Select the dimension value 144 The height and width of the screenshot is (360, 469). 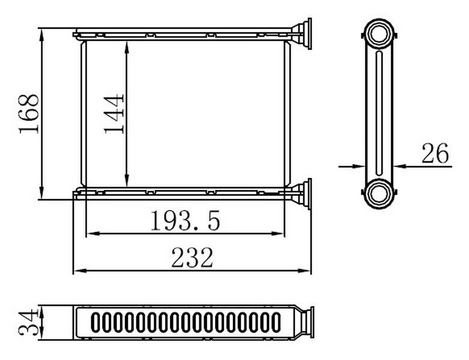coord(114,113)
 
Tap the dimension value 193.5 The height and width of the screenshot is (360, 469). coord(185,221)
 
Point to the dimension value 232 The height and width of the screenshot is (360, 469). coord(192,259)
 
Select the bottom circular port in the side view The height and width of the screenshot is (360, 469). coord(379,194)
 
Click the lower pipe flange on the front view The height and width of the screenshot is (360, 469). coord(303,194)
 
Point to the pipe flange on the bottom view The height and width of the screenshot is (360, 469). coord(304,322)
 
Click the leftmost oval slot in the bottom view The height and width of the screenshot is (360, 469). coord(95,322)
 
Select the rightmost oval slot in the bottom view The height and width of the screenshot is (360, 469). coord(276,322)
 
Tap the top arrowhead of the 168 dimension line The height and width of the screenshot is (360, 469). coord(41,32)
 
